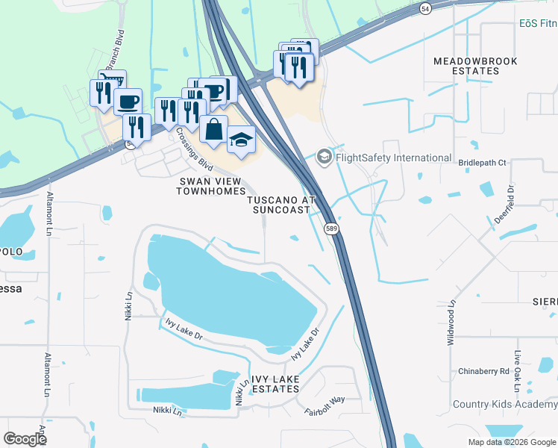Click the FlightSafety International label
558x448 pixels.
point(394,158)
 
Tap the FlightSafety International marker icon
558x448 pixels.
point(325,157)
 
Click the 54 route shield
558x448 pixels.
point(424,7)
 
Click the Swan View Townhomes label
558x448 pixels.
point(210,186)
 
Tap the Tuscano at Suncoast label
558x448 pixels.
point(280,205)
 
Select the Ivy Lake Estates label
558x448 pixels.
point(276,385)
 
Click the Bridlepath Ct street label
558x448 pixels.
point(482,162)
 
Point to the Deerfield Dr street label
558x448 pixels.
point(504,205)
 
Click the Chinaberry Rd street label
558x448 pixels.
point(483,371)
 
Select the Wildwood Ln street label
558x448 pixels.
point(451,322)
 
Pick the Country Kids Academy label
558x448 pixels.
point(505,405)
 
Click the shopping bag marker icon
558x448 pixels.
point(213,128)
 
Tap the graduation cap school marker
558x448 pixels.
point(241,140)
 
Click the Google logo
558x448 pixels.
point(25,439)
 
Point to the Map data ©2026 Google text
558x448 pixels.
point(511,442)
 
